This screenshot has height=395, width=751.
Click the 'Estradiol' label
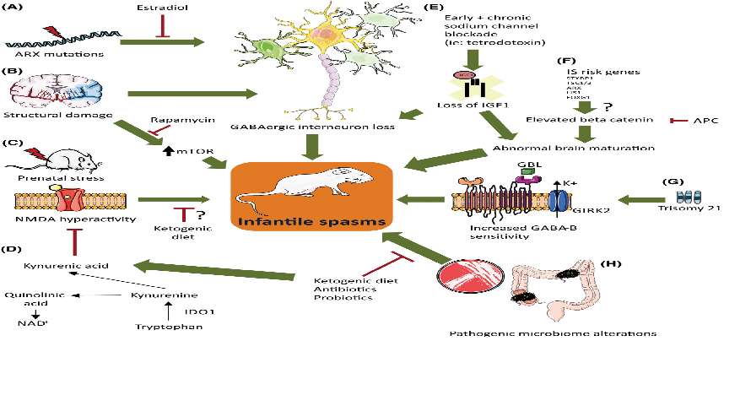(x=158, y=8)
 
